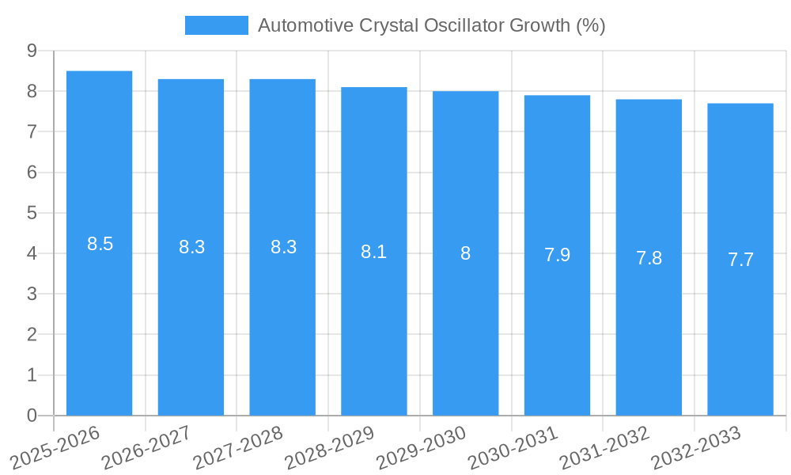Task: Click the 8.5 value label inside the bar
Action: tap(100, 244)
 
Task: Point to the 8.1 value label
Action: tap(373, 252)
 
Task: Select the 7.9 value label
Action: tap(557, 255)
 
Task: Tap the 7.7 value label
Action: tap(740, 260)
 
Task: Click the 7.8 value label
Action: tap(649, 258)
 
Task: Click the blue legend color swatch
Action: tap(216, 25)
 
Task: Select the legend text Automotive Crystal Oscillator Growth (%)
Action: tap(431, 25)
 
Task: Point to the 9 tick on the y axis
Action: tap(32, 51)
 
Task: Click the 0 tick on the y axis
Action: tap(32, 416)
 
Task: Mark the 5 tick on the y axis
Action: tap(32, 213)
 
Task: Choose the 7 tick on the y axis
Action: tap(32, 131)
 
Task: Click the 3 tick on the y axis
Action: tap(32, 294)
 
